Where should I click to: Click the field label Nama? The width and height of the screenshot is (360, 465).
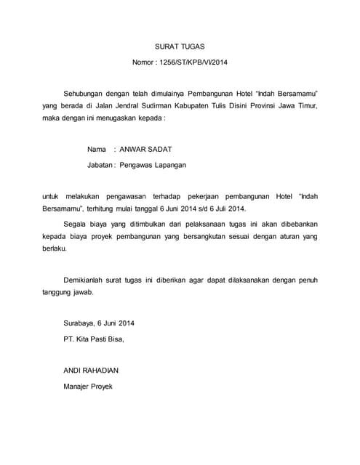97,149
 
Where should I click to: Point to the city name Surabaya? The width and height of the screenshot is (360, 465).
79,323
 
